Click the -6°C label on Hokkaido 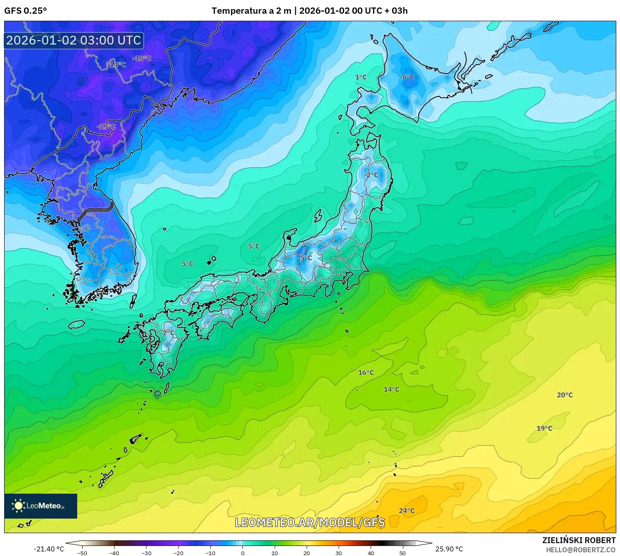point(407,77)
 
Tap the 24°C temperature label point(407,511)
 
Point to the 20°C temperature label point(564,395)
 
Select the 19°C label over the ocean point(544,428)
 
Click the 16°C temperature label point(366,373)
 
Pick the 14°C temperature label point(391,389)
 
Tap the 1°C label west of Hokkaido point(361,77)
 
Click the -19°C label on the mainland point(106,127)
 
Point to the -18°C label point(142,59)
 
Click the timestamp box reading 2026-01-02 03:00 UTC point(74,40)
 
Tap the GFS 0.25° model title point(25,11)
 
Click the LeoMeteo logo point(41,506)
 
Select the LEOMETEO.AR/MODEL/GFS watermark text point(310,522)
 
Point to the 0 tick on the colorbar point(243,553)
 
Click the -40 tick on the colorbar point(114,553)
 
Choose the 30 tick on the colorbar point(339,553)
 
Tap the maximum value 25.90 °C point(449,549)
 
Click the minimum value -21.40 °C point(49,549)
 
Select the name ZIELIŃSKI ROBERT point(579,540)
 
